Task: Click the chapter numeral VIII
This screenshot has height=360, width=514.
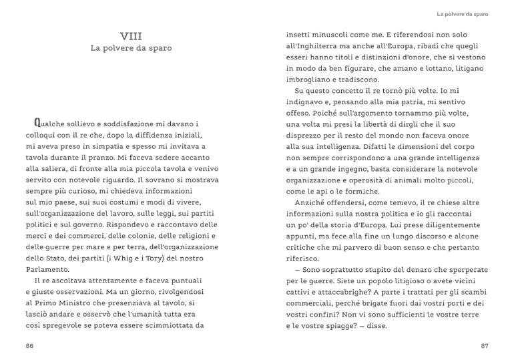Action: click(131, 35)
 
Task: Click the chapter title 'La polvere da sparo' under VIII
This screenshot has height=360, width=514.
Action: click(131, 49)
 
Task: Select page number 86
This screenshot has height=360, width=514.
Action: click(29, 345)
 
